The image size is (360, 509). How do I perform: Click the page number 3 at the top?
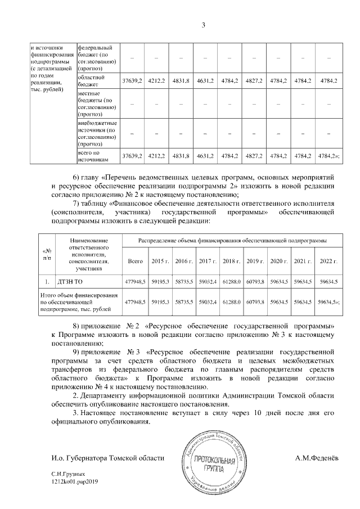point(204,25)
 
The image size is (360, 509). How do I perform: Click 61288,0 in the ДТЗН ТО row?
point(231,281)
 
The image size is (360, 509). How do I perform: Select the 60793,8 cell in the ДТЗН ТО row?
point(255,281)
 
